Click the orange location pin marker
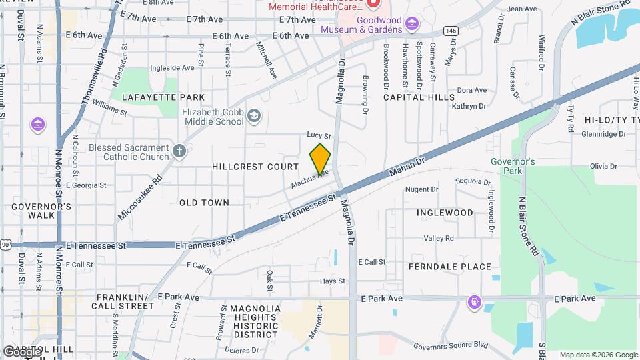click(321, 159)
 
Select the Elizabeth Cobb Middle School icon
click(253, 117)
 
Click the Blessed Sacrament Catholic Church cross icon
click(179, 151)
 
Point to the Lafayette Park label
click(145, 97)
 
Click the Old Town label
click(204, 203)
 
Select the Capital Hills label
click(414, 97)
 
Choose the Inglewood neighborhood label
click(445, 213)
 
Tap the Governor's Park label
click(513, 167)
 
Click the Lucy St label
click(319, 135)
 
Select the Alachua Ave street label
click(310, 177)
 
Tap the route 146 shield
click(451, 31)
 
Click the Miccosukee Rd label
click(140, 198)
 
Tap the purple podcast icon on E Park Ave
click(475, 302)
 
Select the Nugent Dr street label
click(421, 189)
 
